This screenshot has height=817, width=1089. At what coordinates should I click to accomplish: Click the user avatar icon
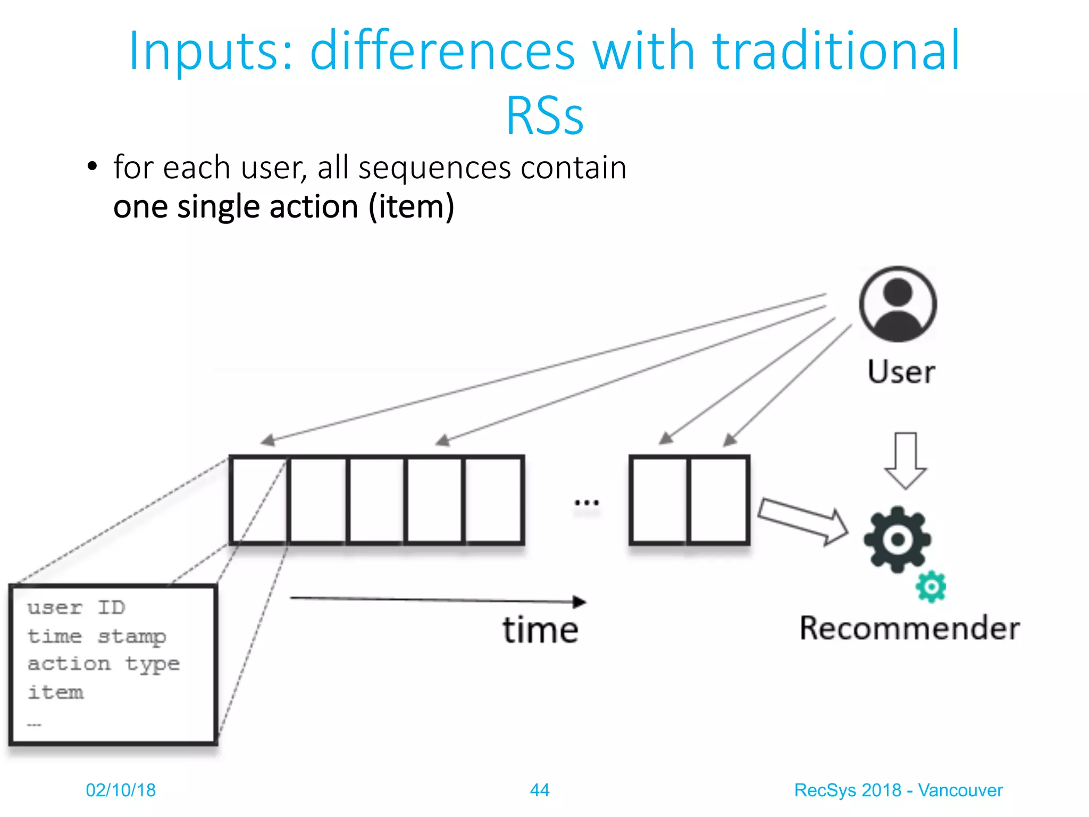click(898, 304)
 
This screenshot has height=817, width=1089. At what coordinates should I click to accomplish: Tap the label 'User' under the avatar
click(901, 372)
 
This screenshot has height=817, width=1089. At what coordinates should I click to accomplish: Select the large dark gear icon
click(897, 539)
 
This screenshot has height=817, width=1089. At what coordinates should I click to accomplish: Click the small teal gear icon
click(931, 587)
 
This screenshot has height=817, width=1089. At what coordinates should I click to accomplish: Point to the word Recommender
click(909, 628)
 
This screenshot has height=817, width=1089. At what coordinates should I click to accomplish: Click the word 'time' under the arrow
click(540, 630)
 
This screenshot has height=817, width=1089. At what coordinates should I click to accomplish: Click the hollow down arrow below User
click(906, 460)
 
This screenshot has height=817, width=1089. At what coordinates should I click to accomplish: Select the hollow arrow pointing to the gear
click(803, 521)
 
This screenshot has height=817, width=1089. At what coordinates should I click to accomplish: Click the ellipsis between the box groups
click(587, 502)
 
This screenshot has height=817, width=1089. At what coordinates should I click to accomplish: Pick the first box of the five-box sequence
click(259, 500)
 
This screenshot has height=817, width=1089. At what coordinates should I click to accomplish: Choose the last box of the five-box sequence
click(493, 500)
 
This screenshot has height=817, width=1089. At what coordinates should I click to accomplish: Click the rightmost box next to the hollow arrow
click(718, 500)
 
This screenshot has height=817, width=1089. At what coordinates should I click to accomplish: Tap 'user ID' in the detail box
click(76, 607)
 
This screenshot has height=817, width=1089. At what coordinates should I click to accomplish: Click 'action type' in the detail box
click(104, 664)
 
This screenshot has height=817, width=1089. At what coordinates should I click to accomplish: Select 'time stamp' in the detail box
click(97, 636)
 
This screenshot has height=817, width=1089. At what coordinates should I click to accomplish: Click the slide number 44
click(539, 790)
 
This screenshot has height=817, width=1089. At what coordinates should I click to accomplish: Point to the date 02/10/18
click(121, 790)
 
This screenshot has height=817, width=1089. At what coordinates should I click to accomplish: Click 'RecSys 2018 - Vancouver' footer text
click(898, 790)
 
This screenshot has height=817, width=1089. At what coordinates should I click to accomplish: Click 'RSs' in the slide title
click(544, 115)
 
